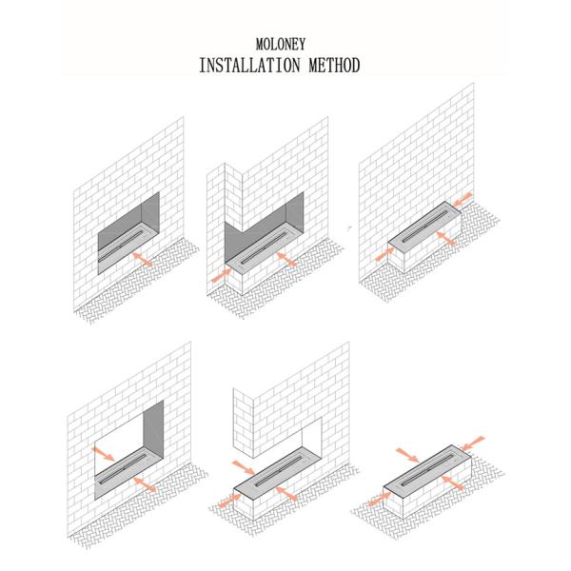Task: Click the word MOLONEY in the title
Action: click(x=281, y=45)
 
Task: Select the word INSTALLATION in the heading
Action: click(x=249, y=65)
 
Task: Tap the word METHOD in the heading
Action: click(x=334, y=65)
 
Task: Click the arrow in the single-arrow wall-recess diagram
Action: click(x=143, y=259)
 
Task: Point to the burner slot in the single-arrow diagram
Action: click(x=120, y=246)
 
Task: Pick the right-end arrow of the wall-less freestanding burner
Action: click(x=472, y=443)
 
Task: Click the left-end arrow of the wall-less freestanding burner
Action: click(x=380, y=499)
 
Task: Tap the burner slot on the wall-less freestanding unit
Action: click(x=429, y=467)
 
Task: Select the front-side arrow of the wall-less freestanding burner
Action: click(x=453, y=482)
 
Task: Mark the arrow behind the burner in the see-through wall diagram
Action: click(x=103, y=454)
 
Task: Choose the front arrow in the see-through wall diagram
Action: click(x=145, y=484)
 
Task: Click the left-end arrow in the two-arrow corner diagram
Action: click(x=222, y=275)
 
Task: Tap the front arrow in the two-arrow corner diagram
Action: click(x=287, y=259)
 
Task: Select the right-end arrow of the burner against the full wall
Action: click(x=463, y=199)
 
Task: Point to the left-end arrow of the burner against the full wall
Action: click(x=384, y=254)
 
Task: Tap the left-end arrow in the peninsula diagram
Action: click(x=229, y=502)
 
